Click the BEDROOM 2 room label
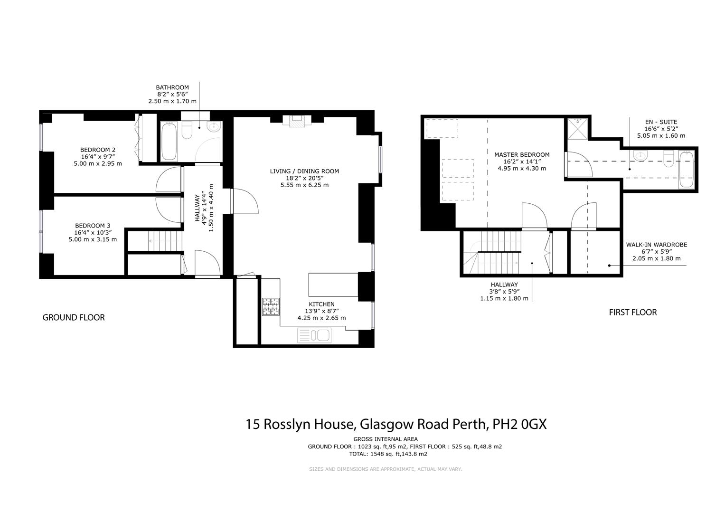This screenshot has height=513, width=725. pos(98,150)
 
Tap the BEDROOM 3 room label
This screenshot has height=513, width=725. pos(93,226)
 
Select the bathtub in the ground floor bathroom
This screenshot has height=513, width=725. pos(169,142)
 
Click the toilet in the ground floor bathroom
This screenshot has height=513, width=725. pos(187,130)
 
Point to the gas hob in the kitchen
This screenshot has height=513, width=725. pos(271,306)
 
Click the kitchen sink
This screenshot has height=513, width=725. pos(314,336)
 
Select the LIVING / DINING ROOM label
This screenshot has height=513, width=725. pos(304,171)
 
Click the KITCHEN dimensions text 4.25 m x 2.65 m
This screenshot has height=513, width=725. pos(321,318)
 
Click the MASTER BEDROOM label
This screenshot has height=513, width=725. pos(522,155)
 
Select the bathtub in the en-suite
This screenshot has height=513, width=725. pos(686,170)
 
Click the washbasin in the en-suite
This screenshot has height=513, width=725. pos(640,155)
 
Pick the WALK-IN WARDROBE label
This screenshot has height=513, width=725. pos(656,245)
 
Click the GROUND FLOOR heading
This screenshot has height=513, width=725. pos(74,317)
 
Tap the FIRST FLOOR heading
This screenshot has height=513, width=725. pos(633,312)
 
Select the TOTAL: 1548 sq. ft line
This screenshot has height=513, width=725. pos(388,454)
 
